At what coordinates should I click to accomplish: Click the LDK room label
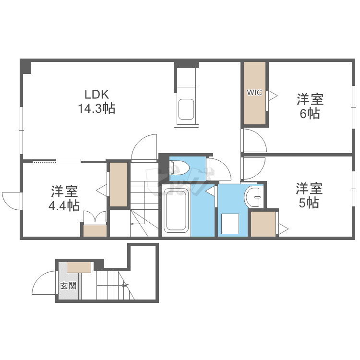96,94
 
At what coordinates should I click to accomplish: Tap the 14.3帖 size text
96,108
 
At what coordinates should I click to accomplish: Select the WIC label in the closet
254,93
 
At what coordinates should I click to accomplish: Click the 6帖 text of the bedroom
310,113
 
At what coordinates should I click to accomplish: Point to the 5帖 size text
309,203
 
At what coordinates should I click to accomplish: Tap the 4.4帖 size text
64,205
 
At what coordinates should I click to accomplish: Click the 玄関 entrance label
68,286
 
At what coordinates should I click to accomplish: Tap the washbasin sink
254,197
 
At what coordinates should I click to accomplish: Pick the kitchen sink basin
186,109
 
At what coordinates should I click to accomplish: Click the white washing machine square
230,224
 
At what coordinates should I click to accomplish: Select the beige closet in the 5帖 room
263,224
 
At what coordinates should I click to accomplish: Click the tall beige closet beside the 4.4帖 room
119,185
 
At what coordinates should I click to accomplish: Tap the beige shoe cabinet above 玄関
79,267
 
